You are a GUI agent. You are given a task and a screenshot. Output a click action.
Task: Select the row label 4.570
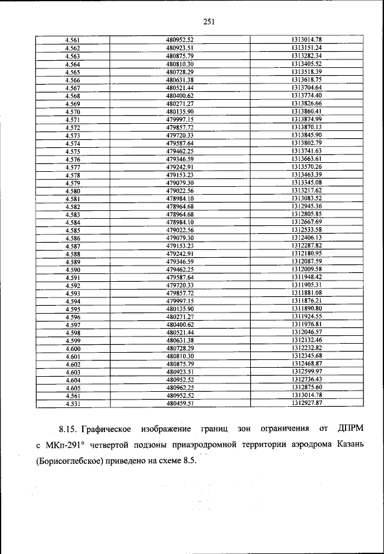[73, 112]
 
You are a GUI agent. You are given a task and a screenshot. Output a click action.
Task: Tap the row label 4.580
[73, 190]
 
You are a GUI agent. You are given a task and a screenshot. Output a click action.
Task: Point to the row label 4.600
[73, 349]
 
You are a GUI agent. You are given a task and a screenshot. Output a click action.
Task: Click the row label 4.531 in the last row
[73, 404]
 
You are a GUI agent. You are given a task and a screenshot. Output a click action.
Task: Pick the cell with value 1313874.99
[307, 120]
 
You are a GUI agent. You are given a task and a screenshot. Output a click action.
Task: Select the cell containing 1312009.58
[307, 269]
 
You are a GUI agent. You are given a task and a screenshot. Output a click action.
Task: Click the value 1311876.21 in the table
[307, 300]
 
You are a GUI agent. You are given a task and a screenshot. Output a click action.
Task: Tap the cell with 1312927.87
[307, 404]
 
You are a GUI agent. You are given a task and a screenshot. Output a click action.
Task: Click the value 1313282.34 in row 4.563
[307, 56]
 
